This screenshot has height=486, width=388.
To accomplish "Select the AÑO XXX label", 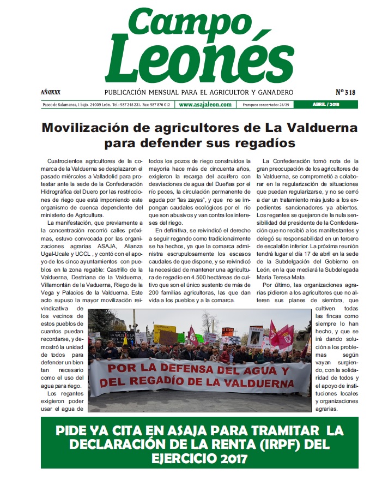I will coord(51,92).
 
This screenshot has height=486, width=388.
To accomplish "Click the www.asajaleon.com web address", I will coord(205,105).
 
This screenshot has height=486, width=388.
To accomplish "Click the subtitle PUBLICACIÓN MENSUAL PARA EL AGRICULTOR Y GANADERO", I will coord(199,92).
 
